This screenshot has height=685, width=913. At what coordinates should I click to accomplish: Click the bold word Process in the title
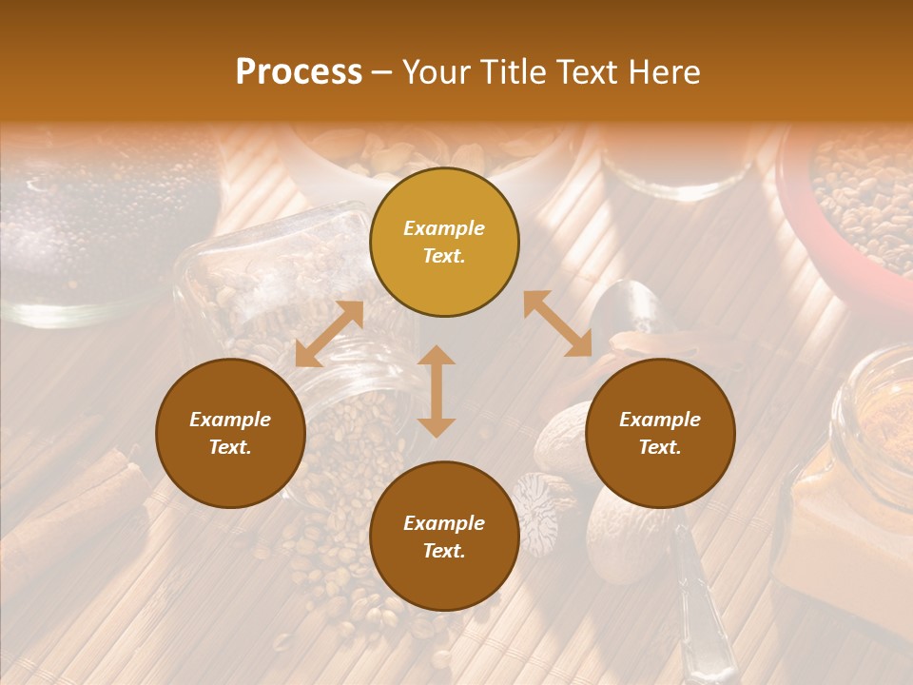299,72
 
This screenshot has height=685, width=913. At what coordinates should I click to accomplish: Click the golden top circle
444,243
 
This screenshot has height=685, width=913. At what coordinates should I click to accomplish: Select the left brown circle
230,433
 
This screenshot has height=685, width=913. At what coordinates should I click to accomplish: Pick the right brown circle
660,433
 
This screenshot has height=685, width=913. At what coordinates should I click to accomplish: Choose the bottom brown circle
444,536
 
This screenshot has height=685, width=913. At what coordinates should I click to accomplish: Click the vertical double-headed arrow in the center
437,391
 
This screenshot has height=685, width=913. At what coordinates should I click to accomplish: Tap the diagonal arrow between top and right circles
557,324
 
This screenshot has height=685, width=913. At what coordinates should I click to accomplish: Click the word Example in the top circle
444,228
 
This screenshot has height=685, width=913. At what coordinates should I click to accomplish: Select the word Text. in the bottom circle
444,551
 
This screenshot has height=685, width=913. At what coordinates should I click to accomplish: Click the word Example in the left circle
230,420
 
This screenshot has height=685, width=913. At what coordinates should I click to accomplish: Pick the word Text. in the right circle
660,447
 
